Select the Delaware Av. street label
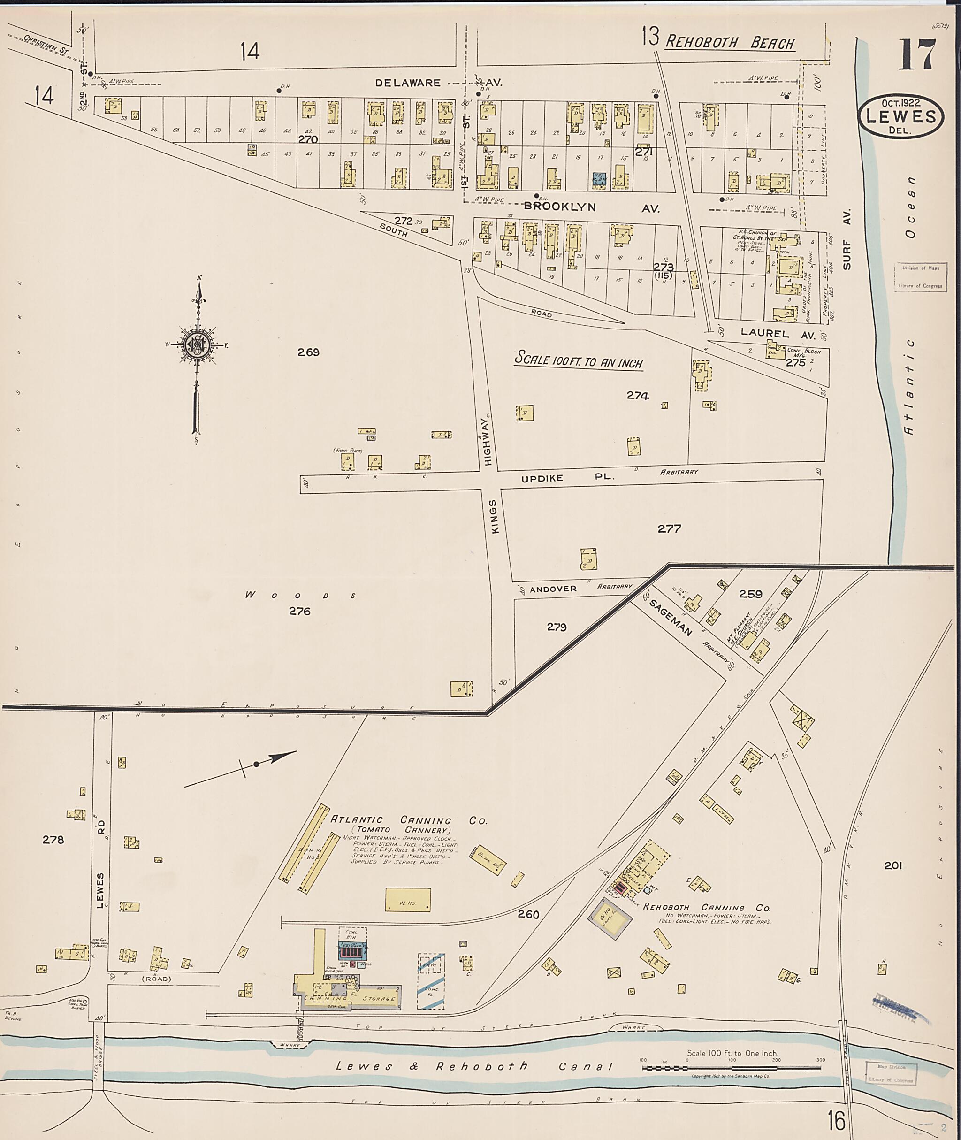click(446, 83)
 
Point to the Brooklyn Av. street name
click(591, 207)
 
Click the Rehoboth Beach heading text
click(730, 43)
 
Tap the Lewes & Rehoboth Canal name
click(474, 1066)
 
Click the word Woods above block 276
click(300, 596)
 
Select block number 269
click(308, 352)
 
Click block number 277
click(669, 528)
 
